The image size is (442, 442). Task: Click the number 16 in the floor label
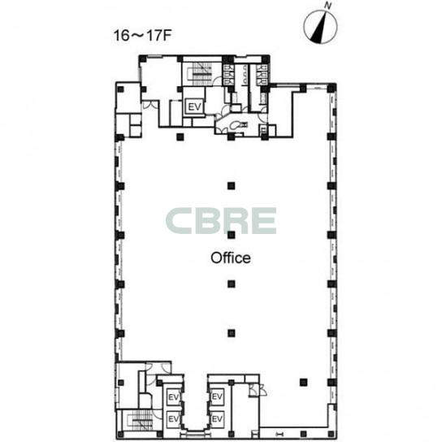[x=121, y=36]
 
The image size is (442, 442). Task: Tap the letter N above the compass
[x=327, y=6]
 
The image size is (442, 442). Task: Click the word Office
[x=231, y=258]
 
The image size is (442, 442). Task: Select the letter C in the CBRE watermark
[x=179, y=221]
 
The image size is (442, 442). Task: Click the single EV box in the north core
[x=195, y=106]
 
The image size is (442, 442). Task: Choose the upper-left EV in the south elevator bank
[x=173, y=397]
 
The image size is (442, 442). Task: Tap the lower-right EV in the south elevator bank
[x=217, y=419]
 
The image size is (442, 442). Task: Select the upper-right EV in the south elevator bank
[x=217, y=396]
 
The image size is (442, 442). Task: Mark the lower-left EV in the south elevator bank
[x=173, y=419]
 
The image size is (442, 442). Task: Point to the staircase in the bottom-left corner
[x=141, y=422]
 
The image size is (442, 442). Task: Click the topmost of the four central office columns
[x=231, y=185]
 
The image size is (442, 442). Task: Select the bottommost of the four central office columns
[x=231, y=333]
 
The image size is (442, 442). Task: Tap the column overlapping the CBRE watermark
[x=231, y=235]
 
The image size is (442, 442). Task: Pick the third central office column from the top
[x=231, y=284]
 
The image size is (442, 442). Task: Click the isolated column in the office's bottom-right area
[x=303, y=382]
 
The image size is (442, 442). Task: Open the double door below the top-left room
[x=149, y=105]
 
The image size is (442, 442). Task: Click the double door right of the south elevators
[x=257, y=390]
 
